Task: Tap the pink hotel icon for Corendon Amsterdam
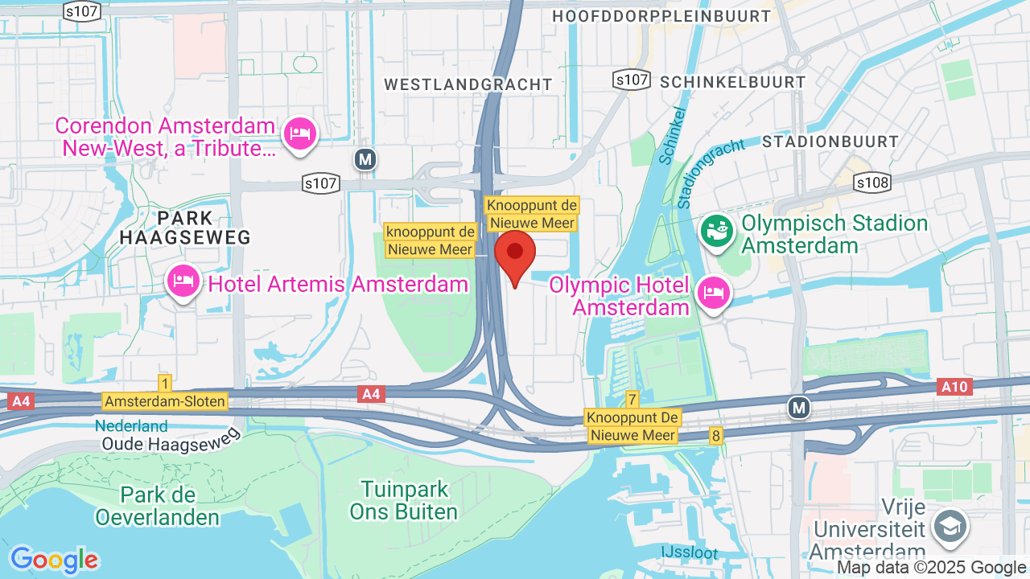pyautogui.click(x=301, y=131)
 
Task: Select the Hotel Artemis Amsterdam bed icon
pyautogui.click(x=184, y=281)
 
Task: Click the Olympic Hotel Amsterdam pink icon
pyautogui.click(x=712, y=292)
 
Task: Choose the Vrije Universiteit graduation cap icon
pyautogui.click(x=950, y=525)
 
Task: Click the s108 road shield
pyautogui.click(x=872, y=183)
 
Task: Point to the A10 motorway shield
pyautogui.click(x=955, y=387)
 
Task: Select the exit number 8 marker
pyautogui.click(x=715, y=436)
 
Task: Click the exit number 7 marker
pyautogui.click(x=632, y=400)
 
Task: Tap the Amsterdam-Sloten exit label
pyautogui.click(x=165, y=400)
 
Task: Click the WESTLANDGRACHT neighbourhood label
pyautogui.click(x=468, y=84)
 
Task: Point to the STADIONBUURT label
pyautogui.click(x=830, y=142)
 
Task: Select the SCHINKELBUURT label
pyautogui.click(x=732, y=82)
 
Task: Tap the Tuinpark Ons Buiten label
pyautogui.click(x=404, y=500)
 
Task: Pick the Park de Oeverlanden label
pyautogui.click(x=158, y=505)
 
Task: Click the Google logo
pyautogui.click(x=54, y=560)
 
